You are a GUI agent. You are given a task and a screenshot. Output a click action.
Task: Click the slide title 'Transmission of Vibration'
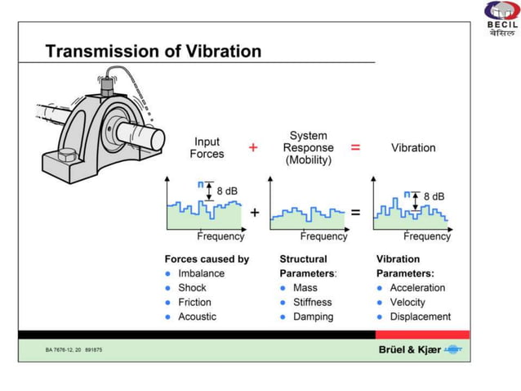click(x=154, y=52)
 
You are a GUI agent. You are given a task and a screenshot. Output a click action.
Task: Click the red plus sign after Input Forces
click(x=253, y=147)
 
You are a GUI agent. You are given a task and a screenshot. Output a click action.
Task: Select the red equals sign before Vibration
click(x=355, y=147)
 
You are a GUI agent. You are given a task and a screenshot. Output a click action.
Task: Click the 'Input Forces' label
click(x=207, y=148)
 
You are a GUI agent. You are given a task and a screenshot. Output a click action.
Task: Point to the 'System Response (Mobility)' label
click(x=308, y=148)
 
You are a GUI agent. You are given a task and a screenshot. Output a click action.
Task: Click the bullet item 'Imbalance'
click(x=201, y=273)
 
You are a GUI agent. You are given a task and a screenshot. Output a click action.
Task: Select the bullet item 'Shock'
click(x=192, y=288)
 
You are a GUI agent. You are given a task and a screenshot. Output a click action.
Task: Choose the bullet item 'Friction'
click(x=194, y=302)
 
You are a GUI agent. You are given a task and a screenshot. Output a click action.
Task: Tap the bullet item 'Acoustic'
click(x=197, y=317)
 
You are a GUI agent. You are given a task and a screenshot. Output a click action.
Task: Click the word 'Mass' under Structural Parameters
click(x=305, y=288)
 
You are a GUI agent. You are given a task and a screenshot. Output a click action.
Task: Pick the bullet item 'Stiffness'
click(x=312, y=302)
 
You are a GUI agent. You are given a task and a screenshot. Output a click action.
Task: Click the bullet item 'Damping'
click(x=313, y=317)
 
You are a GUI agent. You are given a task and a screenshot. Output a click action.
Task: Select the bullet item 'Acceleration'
click(x=417, y=288)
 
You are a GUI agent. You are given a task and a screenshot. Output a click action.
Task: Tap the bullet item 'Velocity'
click(x=407, y=302)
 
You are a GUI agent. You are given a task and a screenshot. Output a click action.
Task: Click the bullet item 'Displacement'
click(x=420, y=317)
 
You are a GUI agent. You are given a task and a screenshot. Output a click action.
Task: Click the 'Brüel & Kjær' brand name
click(x=409, y=349)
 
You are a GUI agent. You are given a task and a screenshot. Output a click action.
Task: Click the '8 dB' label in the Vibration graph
click(x=434, y=197)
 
